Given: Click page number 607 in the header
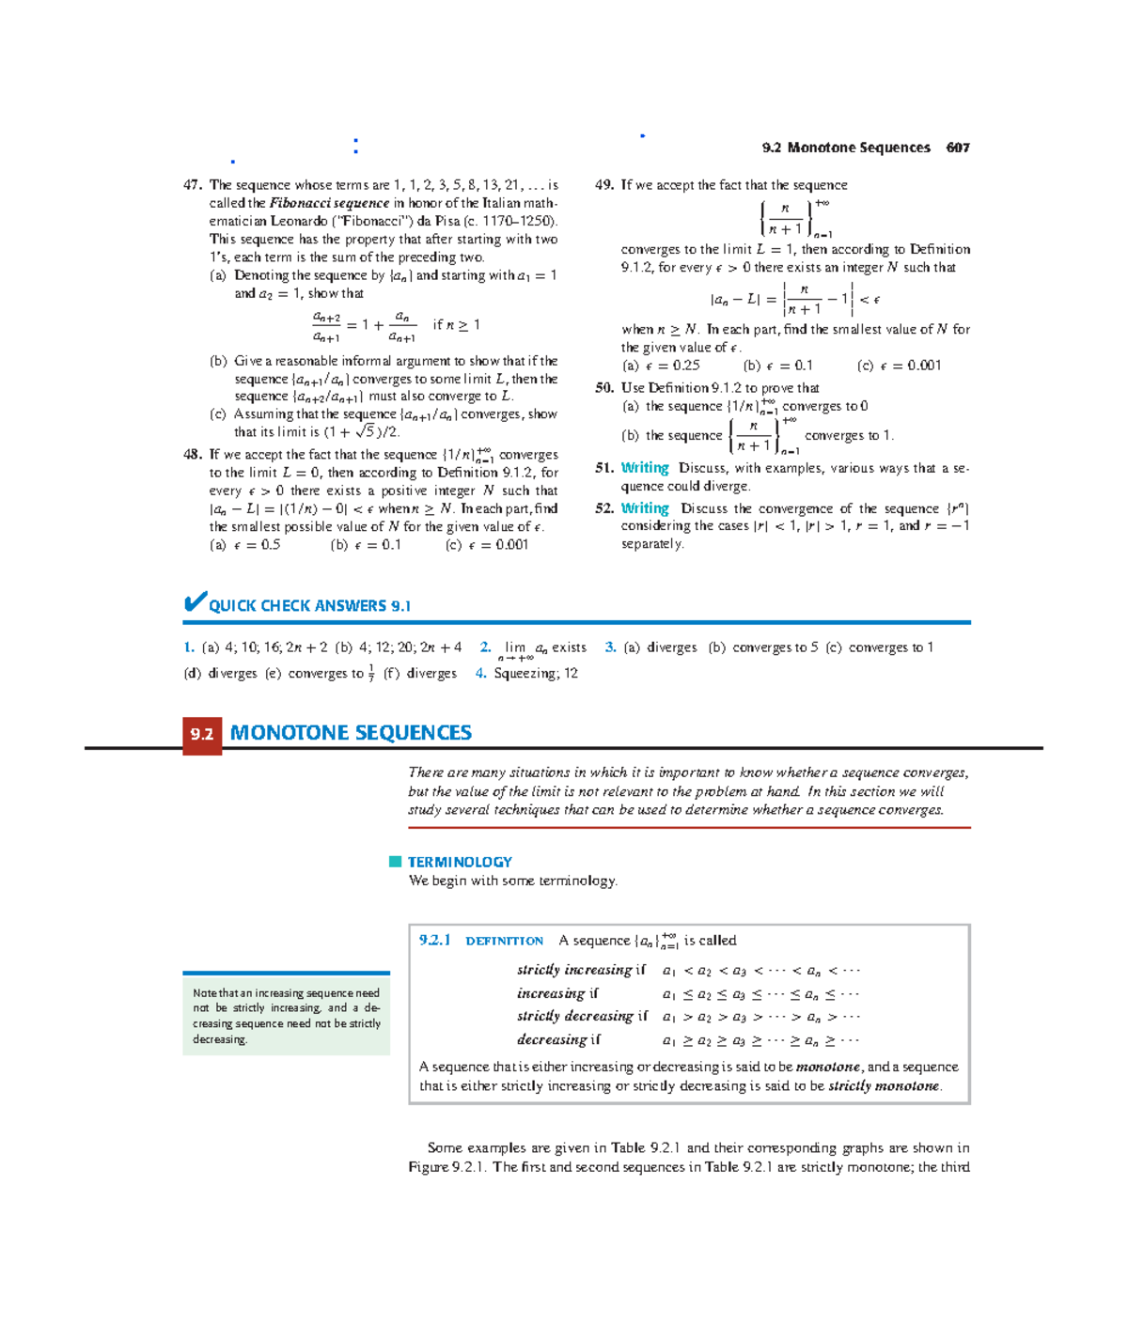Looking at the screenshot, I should [x=958, y=148].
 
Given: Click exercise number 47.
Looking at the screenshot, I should [x=193, y=185].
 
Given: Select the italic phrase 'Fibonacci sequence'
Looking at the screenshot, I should [x=329, y=203].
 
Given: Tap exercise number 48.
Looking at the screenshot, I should [x=193, y=455].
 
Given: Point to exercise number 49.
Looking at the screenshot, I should [x=604, y=185].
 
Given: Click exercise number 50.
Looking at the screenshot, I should [x=604, y=388].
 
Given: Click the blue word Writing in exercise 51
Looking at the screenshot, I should [x=645, y=468].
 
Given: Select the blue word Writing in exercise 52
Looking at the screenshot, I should [x=645, y=508].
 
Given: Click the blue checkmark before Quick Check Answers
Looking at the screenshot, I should [x=195, y=602].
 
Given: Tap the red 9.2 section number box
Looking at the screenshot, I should [x=202, y=734].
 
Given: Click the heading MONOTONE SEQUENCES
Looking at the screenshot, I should [x=351, y=733].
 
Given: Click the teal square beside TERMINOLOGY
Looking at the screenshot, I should [x=396, y=862].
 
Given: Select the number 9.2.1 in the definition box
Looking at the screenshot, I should [x=435, y=941].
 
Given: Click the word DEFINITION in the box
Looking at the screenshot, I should [x=505, y=941].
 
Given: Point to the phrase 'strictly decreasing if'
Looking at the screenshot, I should [x=582, y=1016].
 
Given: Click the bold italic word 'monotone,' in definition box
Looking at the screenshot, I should [x=829, y=1068].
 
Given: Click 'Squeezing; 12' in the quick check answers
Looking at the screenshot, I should [x=536, y=674].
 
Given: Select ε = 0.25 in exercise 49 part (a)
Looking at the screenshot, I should [x=673, y=366].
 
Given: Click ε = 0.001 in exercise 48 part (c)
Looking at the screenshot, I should [x=498, y=545].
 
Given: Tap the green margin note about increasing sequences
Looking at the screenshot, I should [x=286, y=1016].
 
